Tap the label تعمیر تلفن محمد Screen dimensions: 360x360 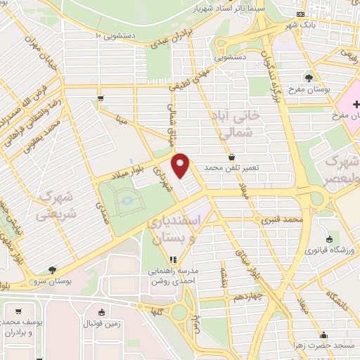(x=233, y=169)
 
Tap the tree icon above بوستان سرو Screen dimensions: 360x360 (x=53, y=270)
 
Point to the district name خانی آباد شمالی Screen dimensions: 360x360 (x=231, y=122)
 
